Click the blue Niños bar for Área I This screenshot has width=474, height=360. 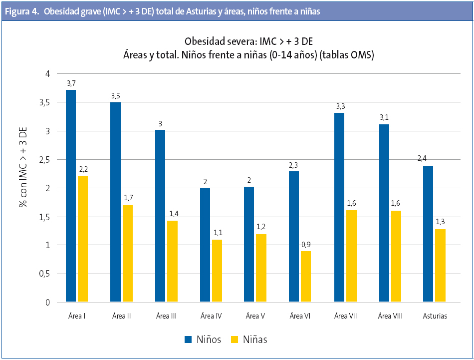(x=71, y=196)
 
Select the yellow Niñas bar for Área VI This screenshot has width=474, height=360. (x=306, y=277)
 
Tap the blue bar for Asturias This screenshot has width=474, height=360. (x=428, y=234)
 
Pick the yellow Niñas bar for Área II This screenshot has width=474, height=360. (x=128, y=254)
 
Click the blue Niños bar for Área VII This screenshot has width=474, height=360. (x=339, y=207)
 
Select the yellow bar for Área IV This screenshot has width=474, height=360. (x=217, y=271)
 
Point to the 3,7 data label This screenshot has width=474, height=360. (x=71, y=83)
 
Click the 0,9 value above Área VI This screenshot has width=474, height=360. (x=306, y=245)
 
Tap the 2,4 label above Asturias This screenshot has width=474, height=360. (x=422, y=158)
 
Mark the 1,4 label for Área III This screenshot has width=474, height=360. (x=173, y=214)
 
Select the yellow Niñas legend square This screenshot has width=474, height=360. (x=235, y=340)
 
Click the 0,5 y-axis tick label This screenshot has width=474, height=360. (x=45, y=274)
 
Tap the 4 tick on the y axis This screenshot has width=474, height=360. (x=48, y=74)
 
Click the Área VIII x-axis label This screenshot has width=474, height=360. (x=390, y=316)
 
